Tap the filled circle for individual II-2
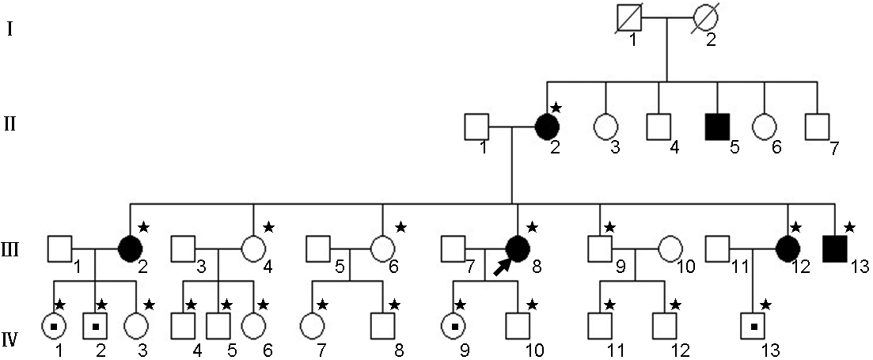click(547, 126)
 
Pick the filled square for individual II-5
click(717, 126)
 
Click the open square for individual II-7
click(818, 126)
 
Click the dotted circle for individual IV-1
click(55, 325)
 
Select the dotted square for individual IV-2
click(96, 325)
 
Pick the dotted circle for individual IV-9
click(454, 325)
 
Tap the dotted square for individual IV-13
click(753, 325)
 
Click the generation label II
click(10, 124)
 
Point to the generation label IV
click(11, 340)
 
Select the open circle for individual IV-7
click(310, 325)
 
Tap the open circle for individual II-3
click(606, 126)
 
